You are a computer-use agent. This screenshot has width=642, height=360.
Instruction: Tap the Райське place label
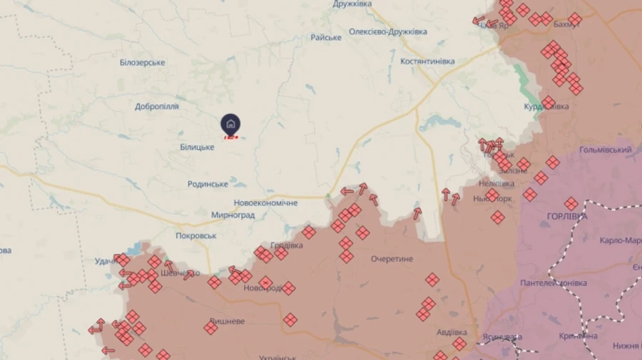tap(326, 37)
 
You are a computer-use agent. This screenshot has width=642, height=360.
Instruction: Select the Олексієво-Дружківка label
tap(388, 32)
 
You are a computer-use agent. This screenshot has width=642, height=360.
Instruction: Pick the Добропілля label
tap(157, 107)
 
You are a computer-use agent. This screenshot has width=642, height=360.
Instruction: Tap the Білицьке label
tap(197, 147)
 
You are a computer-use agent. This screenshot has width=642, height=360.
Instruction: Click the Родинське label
tap(208, 184)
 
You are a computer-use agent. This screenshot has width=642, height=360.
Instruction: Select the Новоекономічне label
tap(266, 203)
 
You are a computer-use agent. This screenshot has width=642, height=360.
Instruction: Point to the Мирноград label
tap(233, 215)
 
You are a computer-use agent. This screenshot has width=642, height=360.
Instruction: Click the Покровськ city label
tap(196, 235)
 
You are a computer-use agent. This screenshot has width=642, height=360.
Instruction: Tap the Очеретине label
tap(392, 259)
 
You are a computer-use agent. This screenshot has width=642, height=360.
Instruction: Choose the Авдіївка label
tap(452, 333)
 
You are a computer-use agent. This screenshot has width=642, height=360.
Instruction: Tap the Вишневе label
tap(228, 322)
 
